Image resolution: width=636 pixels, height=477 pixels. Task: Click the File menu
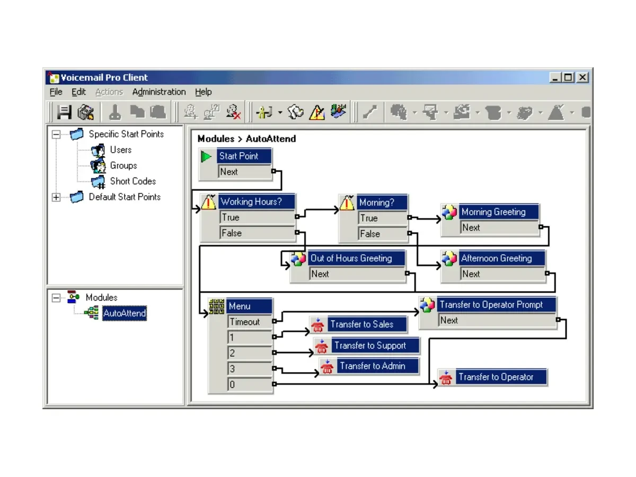coord(56,92)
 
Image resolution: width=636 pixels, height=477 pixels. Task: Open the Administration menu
coord(159,92)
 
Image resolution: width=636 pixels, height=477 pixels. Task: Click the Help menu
coord(203,92)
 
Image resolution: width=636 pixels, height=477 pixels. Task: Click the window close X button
coord(582,77)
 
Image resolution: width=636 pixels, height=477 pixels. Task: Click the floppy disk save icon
coord(64,112)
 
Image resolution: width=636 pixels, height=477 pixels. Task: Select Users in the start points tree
coord(120,150)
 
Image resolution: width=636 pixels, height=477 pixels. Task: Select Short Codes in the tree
coord(132,181)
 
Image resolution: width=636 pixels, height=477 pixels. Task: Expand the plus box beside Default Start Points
coord(56,197)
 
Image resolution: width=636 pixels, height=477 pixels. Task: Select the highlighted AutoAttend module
coord(125,313)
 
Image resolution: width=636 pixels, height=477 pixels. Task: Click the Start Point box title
coord(244,156)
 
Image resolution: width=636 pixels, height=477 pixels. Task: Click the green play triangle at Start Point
coord(206,157)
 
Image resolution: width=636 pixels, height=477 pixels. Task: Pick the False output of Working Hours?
coord(257,233)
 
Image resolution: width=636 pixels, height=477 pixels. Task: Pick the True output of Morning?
coord(383,218)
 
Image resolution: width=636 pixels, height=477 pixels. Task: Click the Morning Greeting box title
coord(499,211)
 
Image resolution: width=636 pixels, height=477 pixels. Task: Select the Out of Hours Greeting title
coord(356,258)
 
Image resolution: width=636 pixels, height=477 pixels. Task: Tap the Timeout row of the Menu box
coord(250,322)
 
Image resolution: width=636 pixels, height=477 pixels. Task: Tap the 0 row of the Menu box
coord(250,384)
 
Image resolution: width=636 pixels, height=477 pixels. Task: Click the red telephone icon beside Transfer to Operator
coord(446,377)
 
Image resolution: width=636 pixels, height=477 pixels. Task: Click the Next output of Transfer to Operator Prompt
coord(497,320)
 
